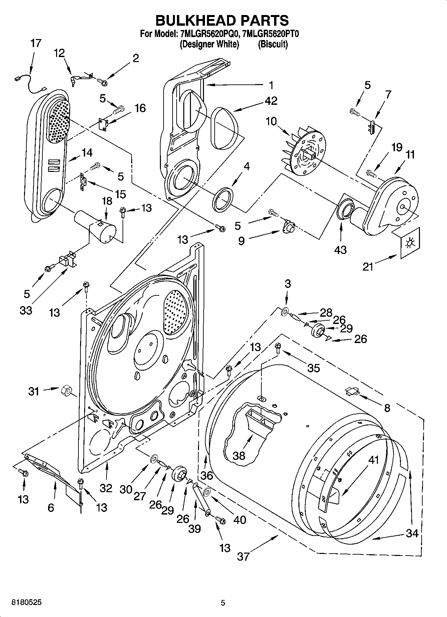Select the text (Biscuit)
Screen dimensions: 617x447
click(x=272, y=44)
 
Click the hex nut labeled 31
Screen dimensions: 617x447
click(x=65, y=390)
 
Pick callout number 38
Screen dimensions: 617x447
click(x=239, y=455)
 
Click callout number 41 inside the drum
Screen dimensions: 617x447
click(x=373, y=460)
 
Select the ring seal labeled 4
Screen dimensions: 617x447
click(x=223, y=200)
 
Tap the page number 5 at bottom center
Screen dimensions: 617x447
click(x=223, y=603)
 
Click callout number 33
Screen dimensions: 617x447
click(x=26, y=310)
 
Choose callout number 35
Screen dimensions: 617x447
click(x=313, y=368)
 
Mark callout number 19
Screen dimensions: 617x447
click(x=397, y=147)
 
